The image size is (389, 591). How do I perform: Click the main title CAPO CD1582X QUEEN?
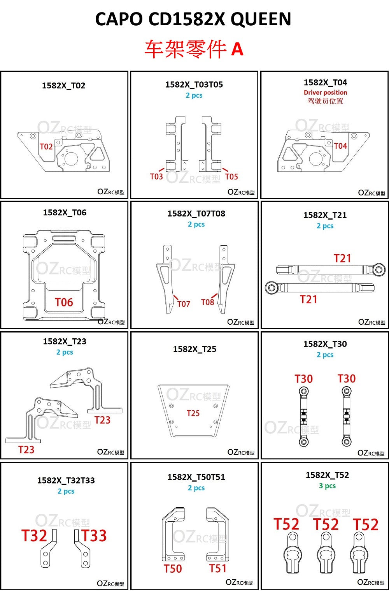[193, 19]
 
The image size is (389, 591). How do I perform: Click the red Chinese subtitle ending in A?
[194, 49]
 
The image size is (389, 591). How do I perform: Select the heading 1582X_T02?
[63, 86]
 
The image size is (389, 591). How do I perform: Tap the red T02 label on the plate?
[46, 147]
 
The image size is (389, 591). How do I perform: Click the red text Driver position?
[325, 93]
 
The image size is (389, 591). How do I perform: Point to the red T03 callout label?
[156, 177]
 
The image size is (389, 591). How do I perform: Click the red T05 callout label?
[231, 177]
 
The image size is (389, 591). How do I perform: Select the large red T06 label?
[64, 303]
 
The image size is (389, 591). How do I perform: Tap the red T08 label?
[207, 303]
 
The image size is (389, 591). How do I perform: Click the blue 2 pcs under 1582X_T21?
[325, 226]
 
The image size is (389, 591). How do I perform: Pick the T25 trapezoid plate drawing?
[193, 411]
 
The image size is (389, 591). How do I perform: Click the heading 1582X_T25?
[194, 349]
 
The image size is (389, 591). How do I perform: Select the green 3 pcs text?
[327, 486]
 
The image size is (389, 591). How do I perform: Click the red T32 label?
[34, 536]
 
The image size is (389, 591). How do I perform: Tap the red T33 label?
[94, 536]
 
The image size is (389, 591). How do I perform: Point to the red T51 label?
[217, 568]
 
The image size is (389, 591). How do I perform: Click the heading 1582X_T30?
[325, 344]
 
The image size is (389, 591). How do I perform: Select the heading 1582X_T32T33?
[66, 480]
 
